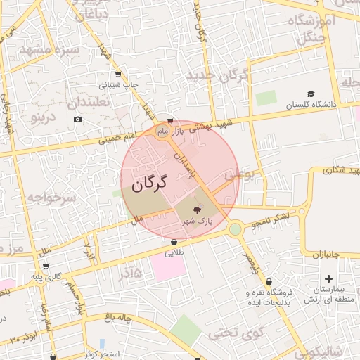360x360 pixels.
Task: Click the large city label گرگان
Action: point(149,184)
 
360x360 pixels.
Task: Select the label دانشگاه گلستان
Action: point(311,105)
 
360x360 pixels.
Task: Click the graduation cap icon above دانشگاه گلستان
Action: point(311,94)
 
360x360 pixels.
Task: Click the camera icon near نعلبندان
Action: point(77,119)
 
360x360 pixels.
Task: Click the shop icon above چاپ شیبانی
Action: point(117,74)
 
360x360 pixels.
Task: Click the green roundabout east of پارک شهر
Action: point(235,228)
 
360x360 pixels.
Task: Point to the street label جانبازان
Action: point(326,253)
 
